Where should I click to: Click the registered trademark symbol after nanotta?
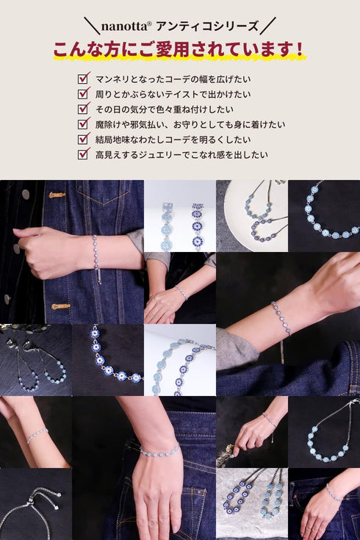coord(149,24)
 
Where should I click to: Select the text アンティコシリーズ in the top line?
coord(207,26)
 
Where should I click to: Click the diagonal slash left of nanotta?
coord(91,26)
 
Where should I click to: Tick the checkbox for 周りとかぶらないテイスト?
coord(83,93)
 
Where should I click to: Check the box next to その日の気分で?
coord(83,109)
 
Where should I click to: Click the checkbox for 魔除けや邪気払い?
coord(83,124)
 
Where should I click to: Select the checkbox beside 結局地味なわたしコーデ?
coord(83,139)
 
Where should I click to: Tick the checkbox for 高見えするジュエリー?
coord(83,154)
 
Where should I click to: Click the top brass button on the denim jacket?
coord(57,195)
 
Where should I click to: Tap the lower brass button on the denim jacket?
coord(60,306)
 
